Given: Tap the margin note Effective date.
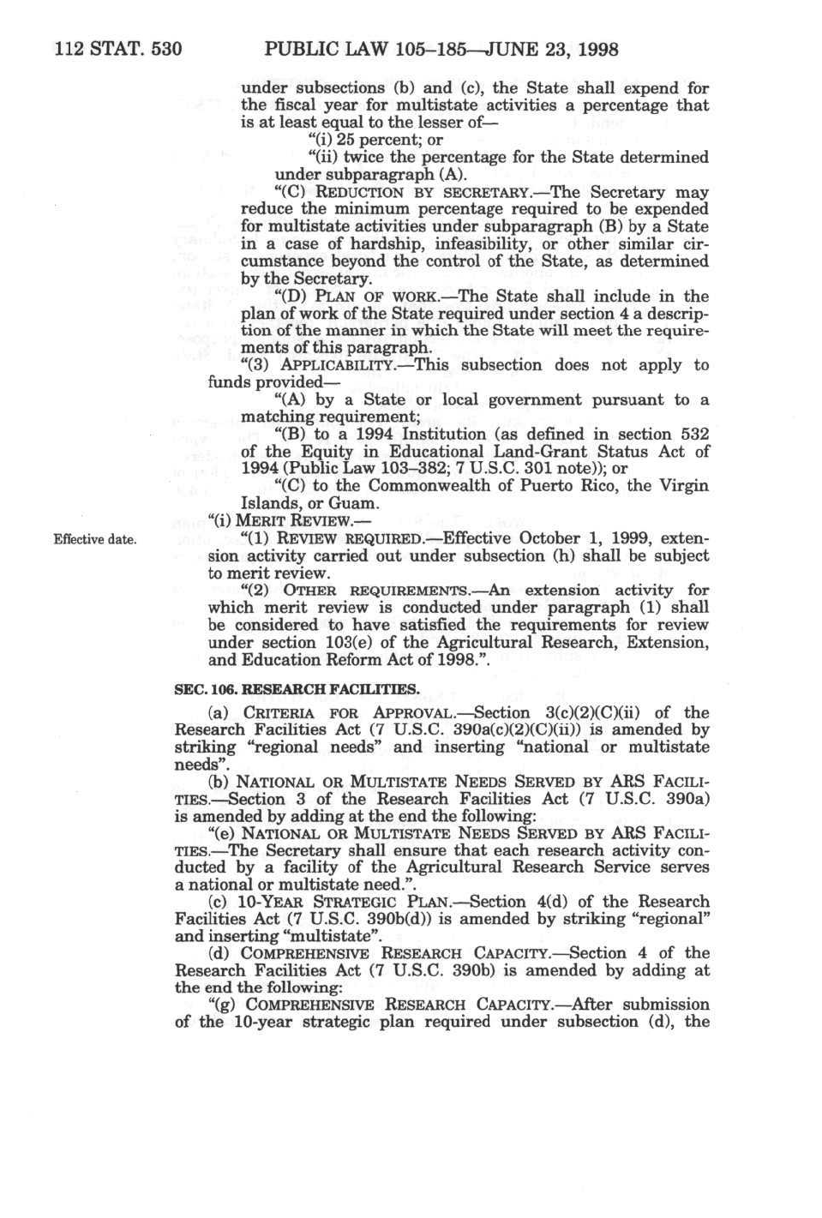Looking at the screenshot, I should (x=94, y=539).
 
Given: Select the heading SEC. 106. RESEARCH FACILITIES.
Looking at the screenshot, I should (x=297, y=688).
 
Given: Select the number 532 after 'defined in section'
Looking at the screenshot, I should (x=693, y=435).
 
